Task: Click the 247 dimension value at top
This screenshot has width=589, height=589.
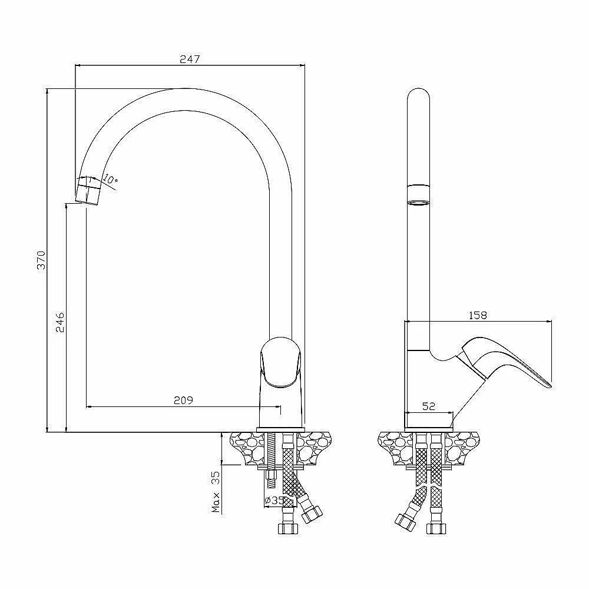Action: tap(190, 59)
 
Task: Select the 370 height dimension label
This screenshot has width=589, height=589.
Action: tap(41, 260)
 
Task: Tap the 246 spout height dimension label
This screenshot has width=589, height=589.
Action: tap(60, 322)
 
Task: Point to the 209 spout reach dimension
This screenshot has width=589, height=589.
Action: tap(183, 401)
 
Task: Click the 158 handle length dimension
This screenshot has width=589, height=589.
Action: tap(478, 315)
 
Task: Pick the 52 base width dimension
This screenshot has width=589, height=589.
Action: tap(429, 406)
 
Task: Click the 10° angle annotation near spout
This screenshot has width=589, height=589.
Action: tap(111, 180)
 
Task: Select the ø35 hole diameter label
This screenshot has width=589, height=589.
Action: tap(274, 500)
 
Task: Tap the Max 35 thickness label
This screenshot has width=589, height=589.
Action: tap(216, 492)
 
